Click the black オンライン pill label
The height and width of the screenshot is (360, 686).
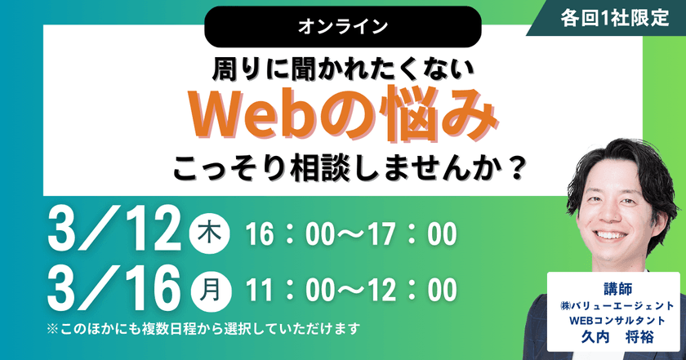[x=342, y=26]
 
